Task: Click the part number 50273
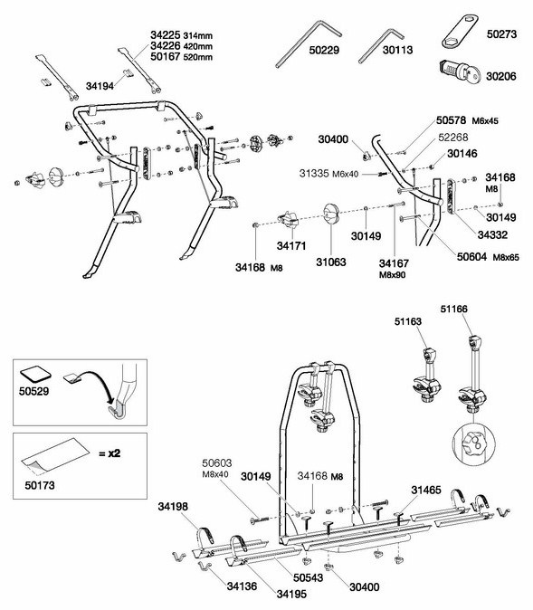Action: [x=501, y=34]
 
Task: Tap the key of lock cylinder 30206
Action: [x=471, y=75]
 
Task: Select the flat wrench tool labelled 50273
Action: [x=461, y=31]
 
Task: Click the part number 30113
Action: [x=397, y=50]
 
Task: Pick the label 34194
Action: [x=100, y=86]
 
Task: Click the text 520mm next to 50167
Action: [x=198, y=58]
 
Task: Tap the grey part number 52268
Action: [x=453, y=138]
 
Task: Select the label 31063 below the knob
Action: [x=330, y=262]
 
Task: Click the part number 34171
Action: [x=291, y=246]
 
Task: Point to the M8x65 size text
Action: [x=506, y=258]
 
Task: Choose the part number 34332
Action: [x=492, y=235]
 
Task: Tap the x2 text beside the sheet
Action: [x=109, y=453]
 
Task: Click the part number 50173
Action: [x=40, y=485]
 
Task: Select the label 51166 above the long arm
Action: [x=454, y=310]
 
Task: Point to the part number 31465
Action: [x=426, y=491]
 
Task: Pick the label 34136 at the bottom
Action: [x=242, y=586]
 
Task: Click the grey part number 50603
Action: [x=216, y=463]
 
